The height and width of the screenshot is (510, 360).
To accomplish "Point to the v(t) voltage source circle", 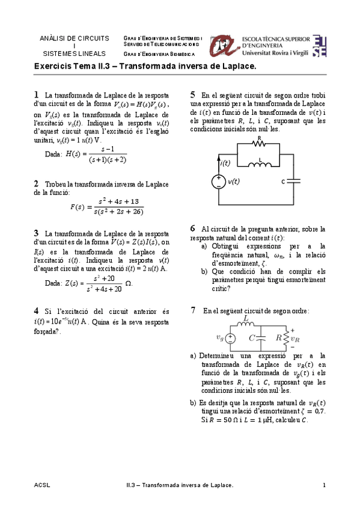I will click(x=218, y=182).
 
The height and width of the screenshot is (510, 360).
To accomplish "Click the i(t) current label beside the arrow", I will click(x=225, y=162).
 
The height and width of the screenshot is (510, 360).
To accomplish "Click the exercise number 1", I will click(x=37, y=94).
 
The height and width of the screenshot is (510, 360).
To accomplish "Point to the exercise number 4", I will click(x=37, y=311).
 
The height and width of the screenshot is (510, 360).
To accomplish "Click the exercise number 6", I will click(x=193, y=229).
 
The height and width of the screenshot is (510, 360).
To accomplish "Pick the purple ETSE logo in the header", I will click(x=320, y=45).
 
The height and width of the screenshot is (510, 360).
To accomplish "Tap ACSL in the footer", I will click(x=42, y=485).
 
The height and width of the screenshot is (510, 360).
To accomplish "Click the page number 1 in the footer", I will click(x=324, y=485).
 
